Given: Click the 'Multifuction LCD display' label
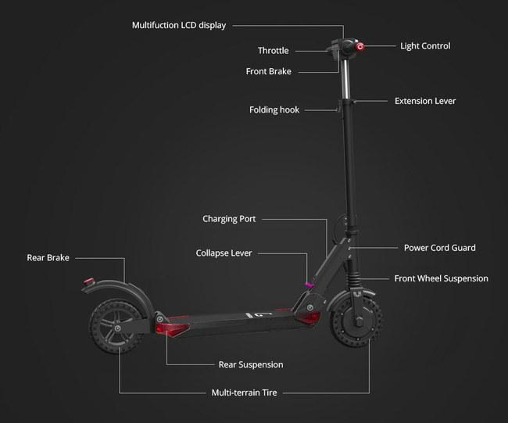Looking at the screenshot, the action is tap(179, 25).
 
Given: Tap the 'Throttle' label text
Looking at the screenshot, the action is tap(273, 51).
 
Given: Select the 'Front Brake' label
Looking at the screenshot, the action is tap(268, 71).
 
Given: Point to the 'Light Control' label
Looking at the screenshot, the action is tap(425, 46).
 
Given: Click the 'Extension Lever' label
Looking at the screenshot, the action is tap(425, 101).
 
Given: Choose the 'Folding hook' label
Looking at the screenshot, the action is tap(274, 110).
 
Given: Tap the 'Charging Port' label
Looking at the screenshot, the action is tap(229, 219).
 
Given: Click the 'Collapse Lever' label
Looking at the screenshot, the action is tap(224, 253).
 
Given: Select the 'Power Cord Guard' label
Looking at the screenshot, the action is tap(440, 248).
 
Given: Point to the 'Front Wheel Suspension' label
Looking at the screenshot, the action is tap(441, 278).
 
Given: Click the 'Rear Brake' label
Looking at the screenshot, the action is tap(48, 258).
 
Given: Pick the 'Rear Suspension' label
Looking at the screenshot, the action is tap(251, 364).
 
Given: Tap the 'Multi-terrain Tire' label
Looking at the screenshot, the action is tap(244, 393).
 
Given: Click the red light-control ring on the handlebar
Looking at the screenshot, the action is tap(360, 47).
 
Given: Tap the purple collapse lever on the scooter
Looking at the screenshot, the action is tap(309, 285).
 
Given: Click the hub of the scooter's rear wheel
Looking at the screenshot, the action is tap(117, 328).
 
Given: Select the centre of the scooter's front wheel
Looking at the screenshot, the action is tap(358, 321).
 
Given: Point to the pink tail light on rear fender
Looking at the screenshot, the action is tap(88, 281).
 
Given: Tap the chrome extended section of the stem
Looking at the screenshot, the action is tap(345, 80).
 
